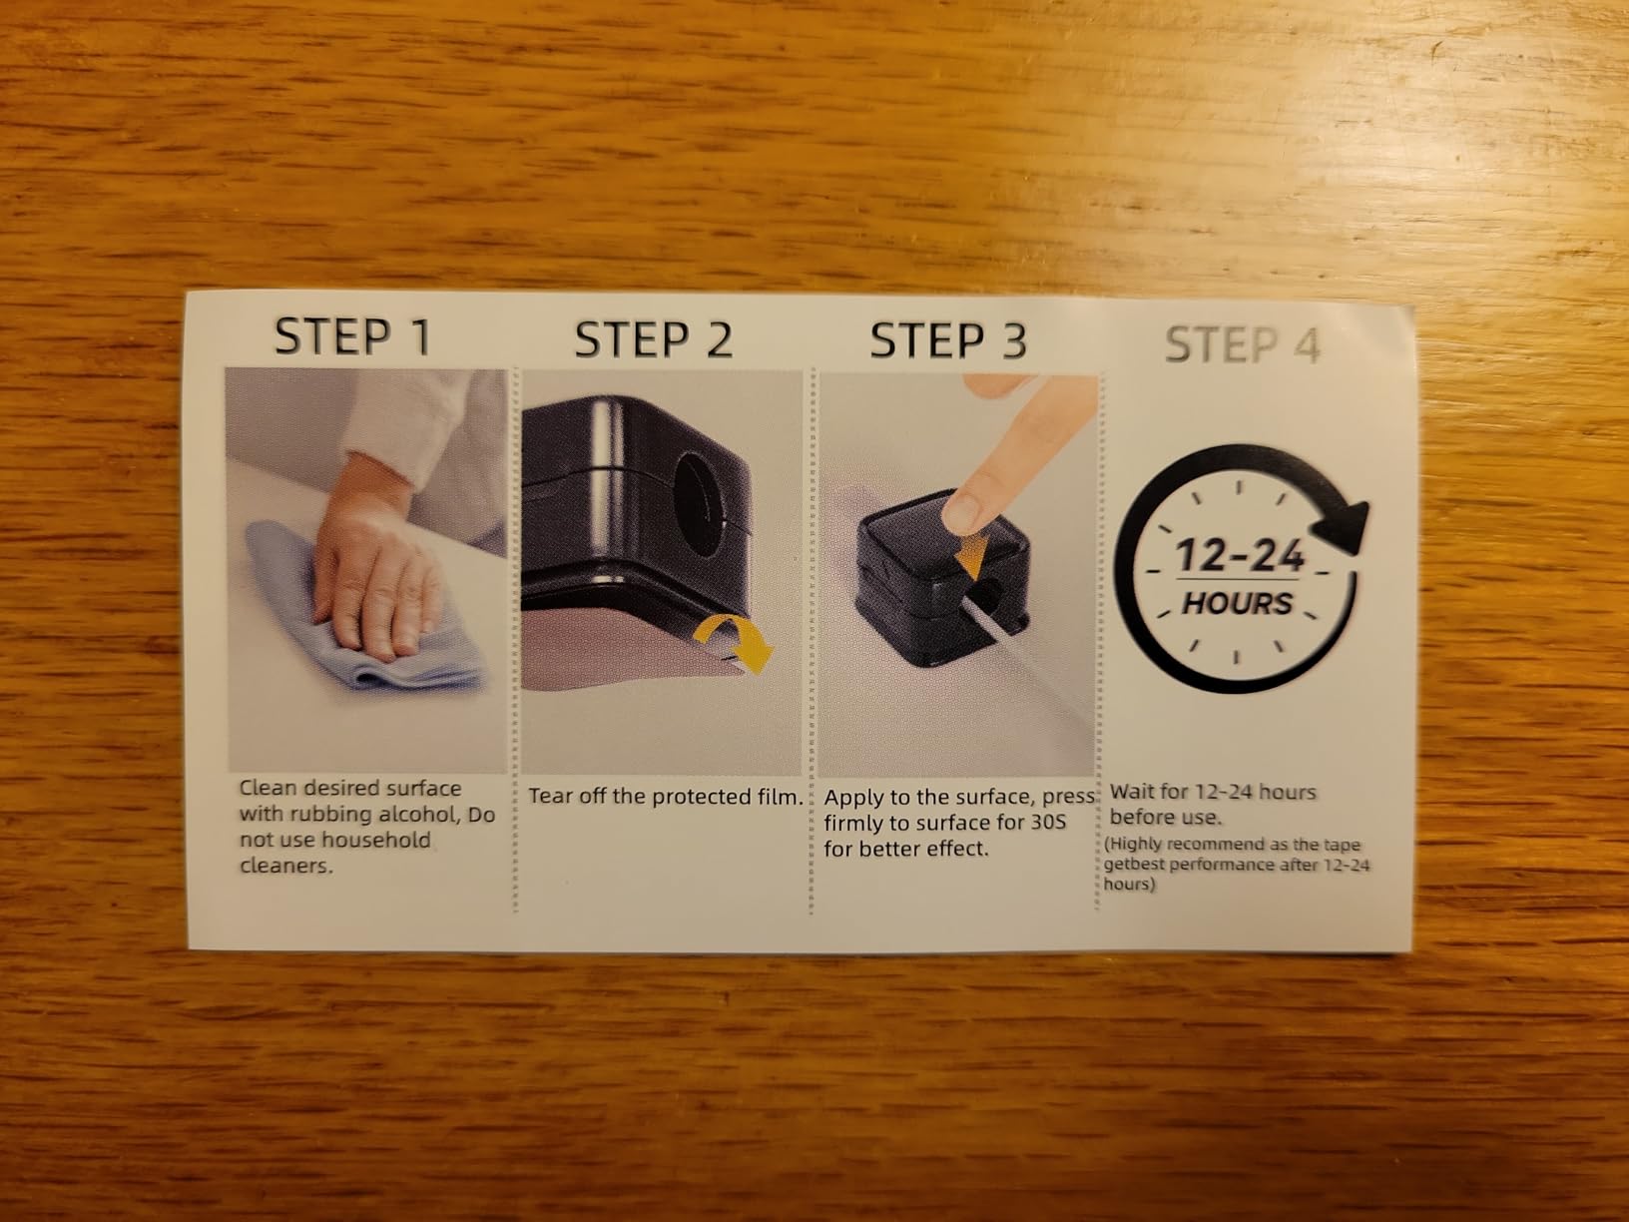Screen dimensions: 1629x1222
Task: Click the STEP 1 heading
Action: coord(352,336)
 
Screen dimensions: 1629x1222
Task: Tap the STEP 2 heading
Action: coord(654,339)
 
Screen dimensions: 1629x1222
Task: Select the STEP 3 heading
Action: coord(948,341)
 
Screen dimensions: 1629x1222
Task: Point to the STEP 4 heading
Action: coord(1243,345)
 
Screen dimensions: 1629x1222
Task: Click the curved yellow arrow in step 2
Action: coord(734,643)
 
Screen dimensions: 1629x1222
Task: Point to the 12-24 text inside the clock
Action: coord(1240,555)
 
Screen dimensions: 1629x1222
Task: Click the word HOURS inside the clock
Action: coord(1238,603)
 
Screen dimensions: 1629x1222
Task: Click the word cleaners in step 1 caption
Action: coord(286,866)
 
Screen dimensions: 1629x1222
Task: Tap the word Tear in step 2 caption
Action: coord(549,796)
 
